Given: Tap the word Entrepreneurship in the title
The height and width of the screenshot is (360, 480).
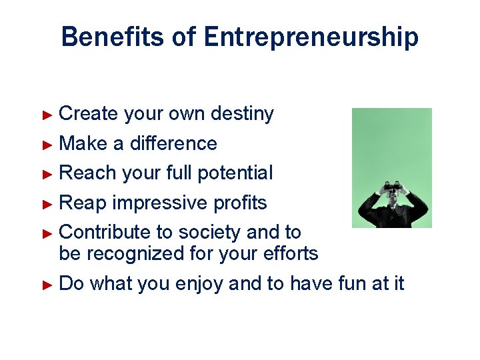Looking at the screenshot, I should (311, 38).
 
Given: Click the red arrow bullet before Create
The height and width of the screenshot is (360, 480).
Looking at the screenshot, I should (47, 115).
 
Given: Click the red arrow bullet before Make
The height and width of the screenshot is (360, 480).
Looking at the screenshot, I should (47, 144).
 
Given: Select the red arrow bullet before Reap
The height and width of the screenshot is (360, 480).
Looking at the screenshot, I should (47, 203).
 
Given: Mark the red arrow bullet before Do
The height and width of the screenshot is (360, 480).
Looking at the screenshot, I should (47, 284).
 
